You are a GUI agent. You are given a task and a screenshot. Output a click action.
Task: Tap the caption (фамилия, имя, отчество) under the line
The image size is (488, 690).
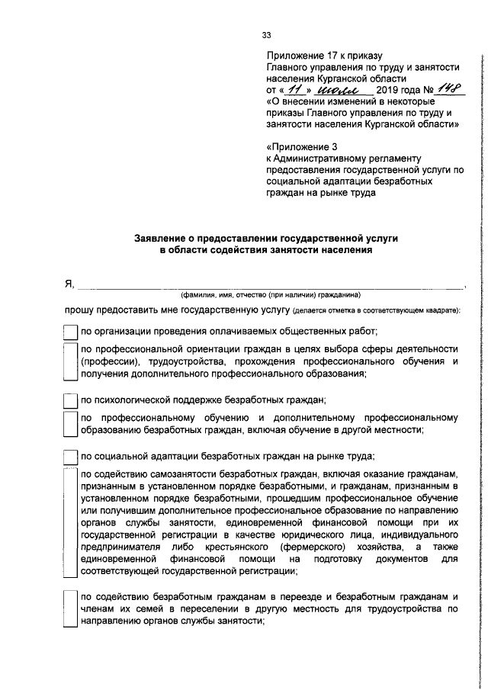point(270,295)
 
